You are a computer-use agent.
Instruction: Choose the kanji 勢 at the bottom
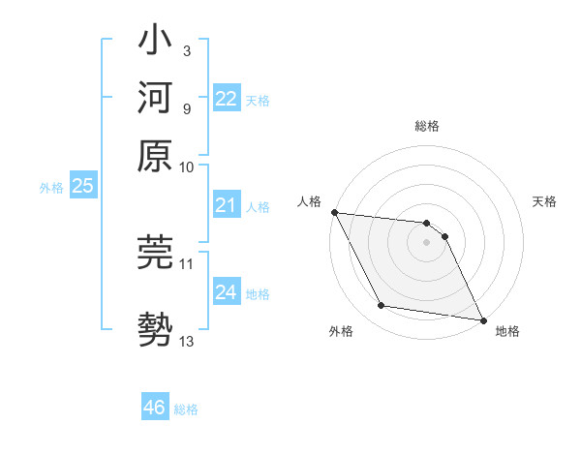(x=155, y=326)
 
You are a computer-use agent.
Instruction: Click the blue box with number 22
(x=226, y=99)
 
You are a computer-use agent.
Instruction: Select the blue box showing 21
(x=226, y=205)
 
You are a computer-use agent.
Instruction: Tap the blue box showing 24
(x=226, y=292)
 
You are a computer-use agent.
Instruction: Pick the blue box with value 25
(x=82, y=186)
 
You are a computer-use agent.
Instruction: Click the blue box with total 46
(x=154, y=408)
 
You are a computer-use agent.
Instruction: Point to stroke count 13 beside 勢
(x=187, y=341)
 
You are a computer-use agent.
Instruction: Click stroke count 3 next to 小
(x=186, y=48)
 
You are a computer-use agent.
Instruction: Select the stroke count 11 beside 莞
(x=187, y=262)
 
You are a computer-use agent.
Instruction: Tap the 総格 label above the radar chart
(x=426, y=126)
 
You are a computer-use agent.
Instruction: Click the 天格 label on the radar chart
(x=544, y=201)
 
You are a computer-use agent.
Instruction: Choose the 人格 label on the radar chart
(x=310, y=201)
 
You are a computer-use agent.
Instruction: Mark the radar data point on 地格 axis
(x=482, y=318)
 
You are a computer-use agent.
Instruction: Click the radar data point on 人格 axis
(x=334, y=212)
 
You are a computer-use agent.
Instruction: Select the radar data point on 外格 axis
(x=382, y=306)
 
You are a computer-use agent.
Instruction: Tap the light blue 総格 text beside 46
(x=186, y=409)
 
